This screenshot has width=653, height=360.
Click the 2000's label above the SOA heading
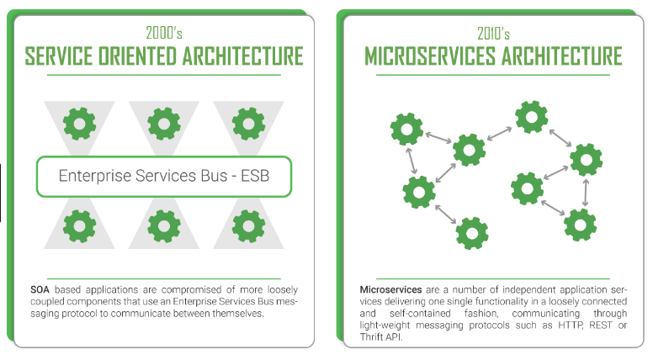164,34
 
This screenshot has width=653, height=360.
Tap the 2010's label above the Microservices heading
493,34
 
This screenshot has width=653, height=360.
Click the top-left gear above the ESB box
80,124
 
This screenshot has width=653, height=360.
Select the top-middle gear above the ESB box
163,124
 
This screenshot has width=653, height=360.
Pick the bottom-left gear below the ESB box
80,225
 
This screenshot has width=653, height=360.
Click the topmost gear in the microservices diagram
531,117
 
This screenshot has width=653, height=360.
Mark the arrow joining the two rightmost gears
584,191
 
